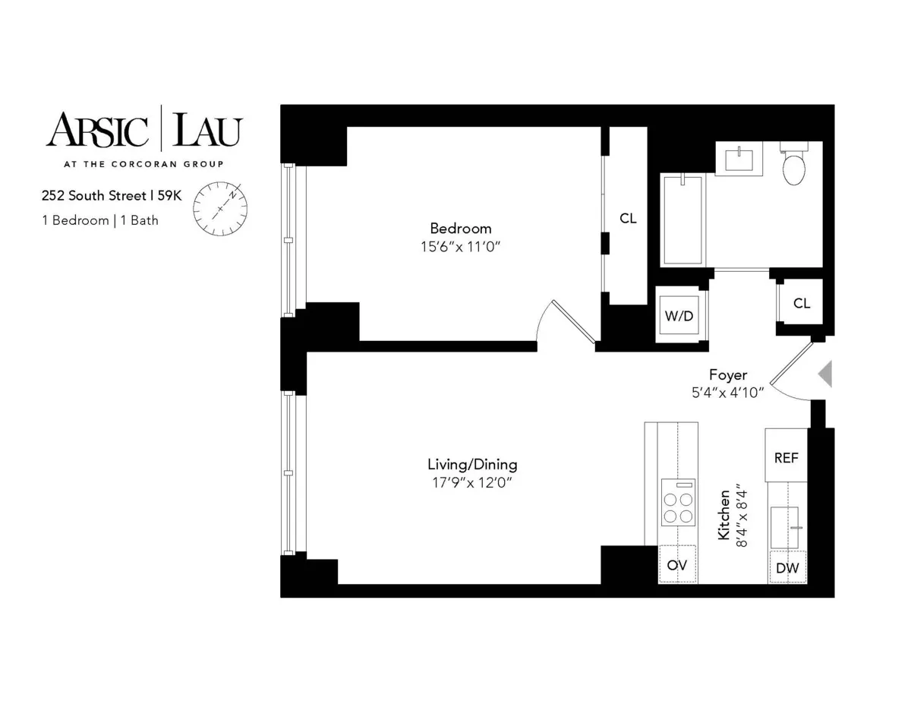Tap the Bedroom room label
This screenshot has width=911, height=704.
460,228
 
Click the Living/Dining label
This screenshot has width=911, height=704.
472,464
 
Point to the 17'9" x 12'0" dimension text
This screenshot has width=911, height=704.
472,482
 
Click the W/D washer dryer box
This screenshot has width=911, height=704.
679,315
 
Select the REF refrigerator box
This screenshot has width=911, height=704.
786,458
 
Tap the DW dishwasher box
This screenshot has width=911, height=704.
787,568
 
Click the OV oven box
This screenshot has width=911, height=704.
677,565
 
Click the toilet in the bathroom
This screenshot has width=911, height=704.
793,167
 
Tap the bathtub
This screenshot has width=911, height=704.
682,220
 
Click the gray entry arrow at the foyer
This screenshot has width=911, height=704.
825,373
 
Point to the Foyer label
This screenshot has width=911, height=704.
728,374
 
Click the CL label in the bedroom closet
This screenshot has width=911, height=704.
628,219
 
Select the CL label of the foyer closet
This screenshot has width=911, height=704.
802,303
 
